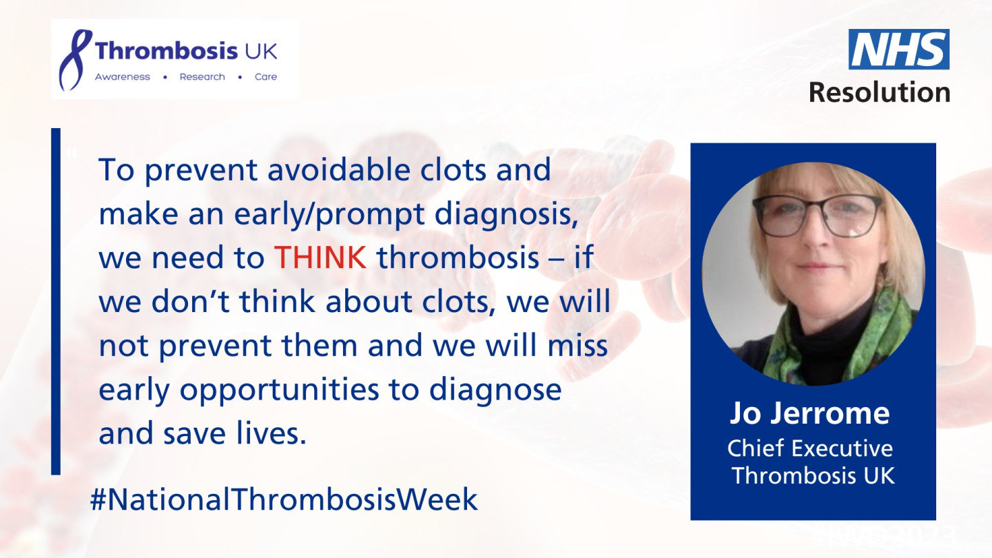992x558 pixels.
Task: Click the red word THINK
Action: [320, 258]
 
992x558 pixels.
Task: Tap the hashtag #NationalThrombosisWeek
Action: [284, 499]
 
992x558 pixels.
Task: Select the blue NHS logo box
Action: [899, 50]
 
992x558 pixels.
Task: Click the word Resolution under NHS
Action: [879, 91]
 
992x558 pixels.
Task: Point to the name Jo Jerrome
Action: [809, 414]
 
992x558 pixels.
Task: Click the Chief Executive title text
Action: [810, 448]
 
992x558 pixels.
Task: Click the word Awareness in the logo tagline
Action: [122, 77]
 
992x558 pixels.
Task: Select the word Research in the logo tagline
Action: [202, 77]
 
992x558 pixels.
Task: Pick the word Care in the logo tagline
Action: [266, 77]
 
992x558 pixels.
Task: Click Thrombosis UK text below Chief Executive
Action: [813, 475]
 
